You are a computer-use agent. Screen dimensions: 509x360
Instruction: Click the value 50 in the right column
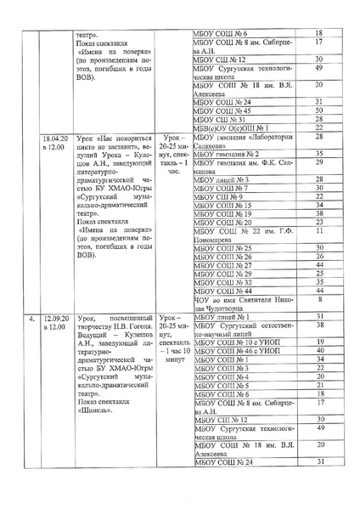(318, 110)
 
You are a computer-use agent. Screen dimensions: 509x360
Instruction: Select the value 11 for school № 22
(318, 231)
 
